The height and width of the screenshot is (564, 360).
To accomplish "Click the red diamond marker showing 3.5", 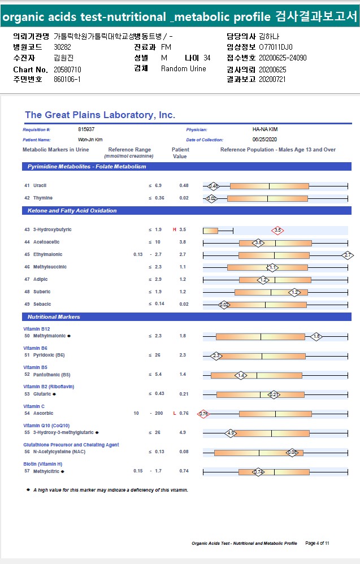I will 277,231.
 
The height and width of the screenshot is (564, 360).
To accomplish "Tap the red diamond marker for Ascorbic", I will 203,414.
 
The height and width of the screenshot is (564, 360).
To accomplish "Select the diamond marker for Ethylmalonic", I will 348,255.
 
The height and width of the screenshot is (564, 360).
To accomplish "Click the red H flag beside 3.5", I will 175,230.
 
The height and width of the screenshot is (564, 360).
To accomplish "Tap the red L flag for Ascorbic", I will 175,413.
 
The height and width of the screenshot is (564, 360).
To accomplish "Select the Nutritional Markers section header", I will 54,317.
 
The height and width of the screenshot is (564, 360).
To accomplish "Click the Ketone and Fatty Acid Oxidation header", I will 72,211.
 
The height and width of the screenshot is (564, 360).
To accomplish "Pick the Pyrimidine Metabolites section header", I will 86,167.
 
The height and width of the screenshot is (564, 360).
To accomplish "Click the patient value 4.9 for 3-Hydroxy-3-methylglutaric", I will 183,432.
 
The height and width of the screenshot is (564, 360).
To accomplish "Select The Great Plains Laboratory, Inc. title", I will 100,115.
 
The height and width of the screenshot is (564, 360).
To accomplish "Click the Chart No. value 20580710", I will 68,69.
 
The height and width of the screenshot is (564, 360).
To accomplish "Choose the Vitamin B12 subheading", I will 36,328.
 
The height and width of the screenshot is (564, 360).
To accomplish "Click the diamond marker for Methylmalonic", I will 316,336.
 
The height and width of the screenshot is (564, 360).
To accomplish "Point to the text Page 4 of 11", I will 317,543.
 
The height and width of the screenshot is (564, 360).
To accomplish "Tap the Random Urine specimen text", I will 183,69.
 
